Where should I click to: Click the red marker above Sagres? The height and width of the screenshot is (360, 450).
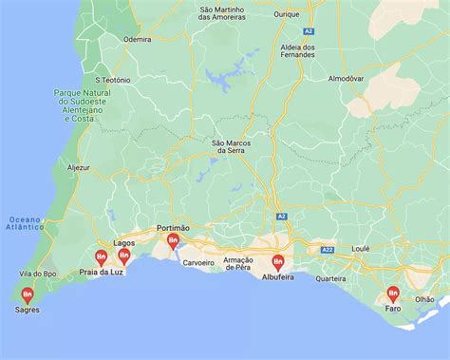(28, 294)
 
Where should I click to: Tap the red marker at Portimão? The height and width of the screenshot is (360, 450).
(173, 241)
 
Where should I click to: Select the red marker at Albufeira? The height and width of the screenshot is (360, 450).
(278, 261)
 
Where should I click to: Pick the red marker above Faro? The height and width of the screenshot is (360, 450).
(393, 294)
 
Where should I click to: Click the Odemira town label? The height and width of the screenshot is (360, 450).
(138, 40)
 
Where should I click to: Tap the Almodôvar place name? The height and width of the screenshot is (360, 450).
(346, 78)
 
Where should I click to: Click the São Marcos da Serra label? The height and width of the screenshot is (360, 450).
(233, 146)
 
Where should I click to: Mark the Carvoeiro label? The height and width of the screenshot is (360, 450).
(199, 261)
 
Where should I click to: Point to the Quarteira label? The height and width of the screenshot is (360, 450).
(330, 278)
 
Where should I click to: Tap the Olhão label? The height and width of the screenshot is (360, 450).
(424, 298)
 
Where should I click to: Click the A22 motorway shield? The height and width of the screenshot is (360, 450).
(328, 249)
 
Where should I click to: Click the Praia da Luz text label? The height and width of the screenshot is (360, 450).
(102, 273)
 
